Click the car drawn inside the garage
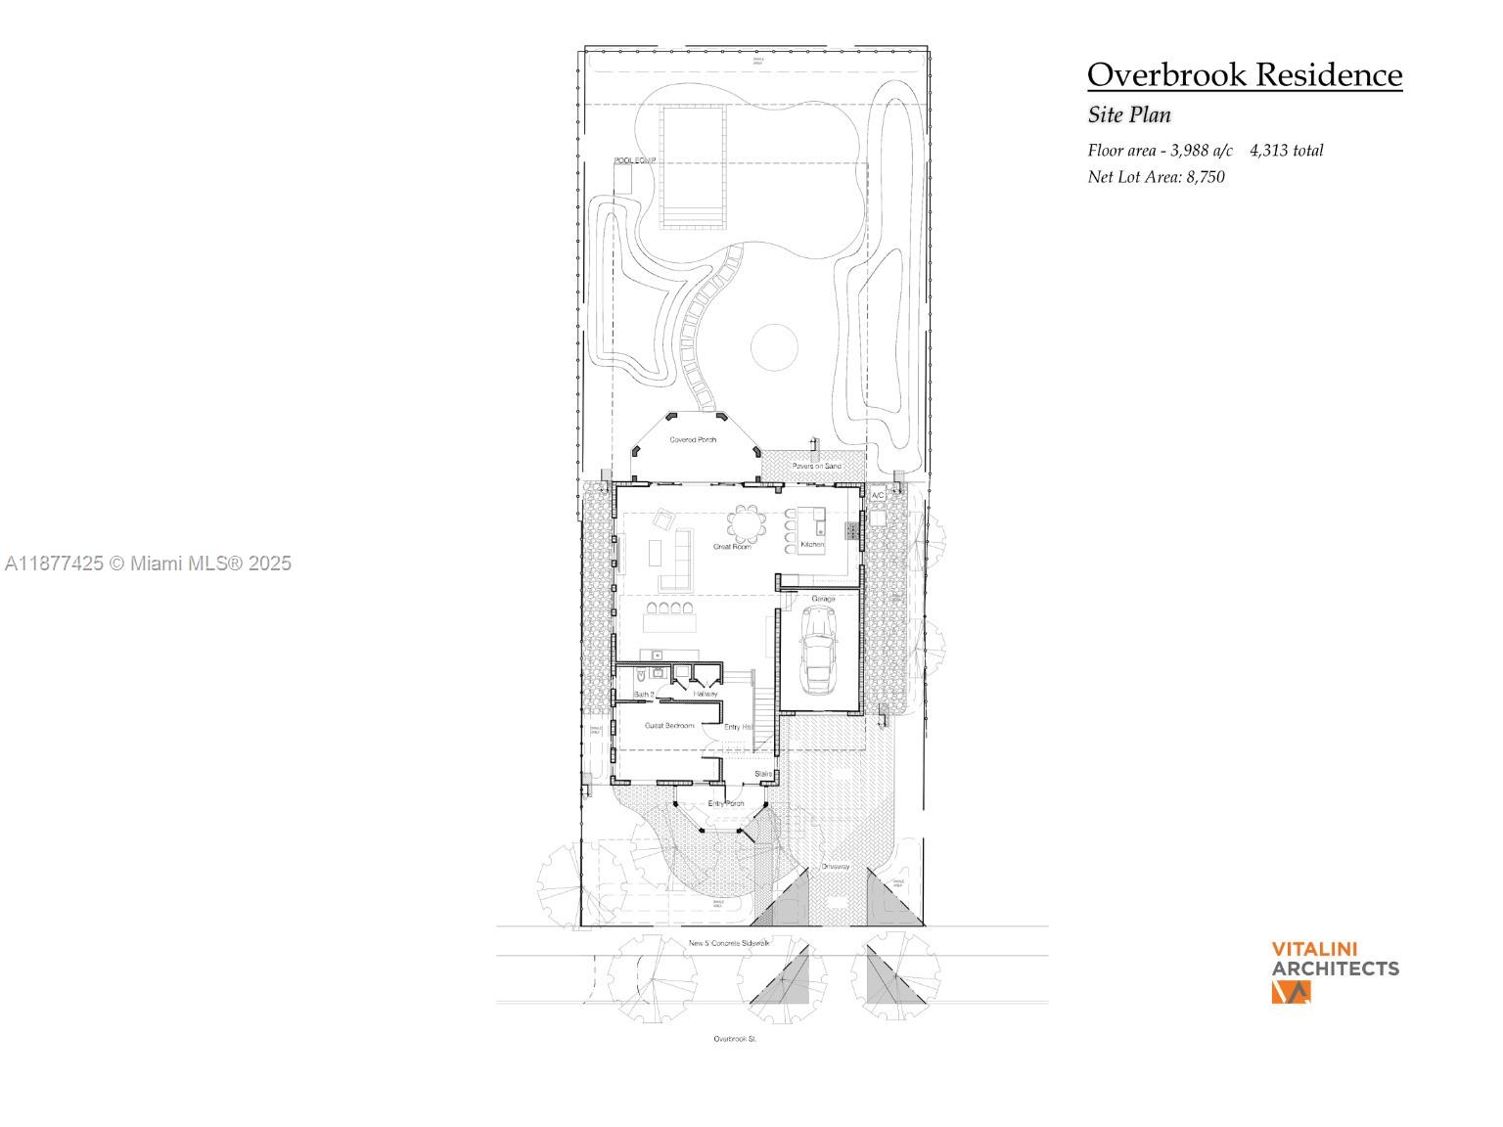click(818, 648)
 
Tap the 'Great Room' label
click(731, 546)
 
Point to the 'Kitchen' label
click(812, 544)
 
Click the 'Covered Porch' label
click(693, 439)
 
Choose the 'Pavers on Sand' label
click(816, 466)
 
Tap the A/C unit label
click(878, 496)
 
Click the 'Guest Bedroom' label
click(669, 725)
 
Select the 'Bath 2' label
click(644, 694)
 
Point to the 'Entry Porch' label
click(726, 803)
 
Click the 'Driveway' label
click(835, 866)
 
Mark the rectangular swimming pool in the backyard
click(692, 166)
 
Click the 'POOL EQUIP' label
click(634, 160)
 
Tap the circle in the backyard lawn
click(774, 347)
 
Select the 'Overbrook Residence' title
click(1244, 74)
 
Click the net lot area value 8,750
click(1206, 177)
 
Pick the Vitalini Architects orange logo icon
click(1291, 991)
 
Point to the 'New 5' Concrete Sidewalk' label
click(729, 943)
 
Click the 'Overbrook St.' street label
click(734, 1038)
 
